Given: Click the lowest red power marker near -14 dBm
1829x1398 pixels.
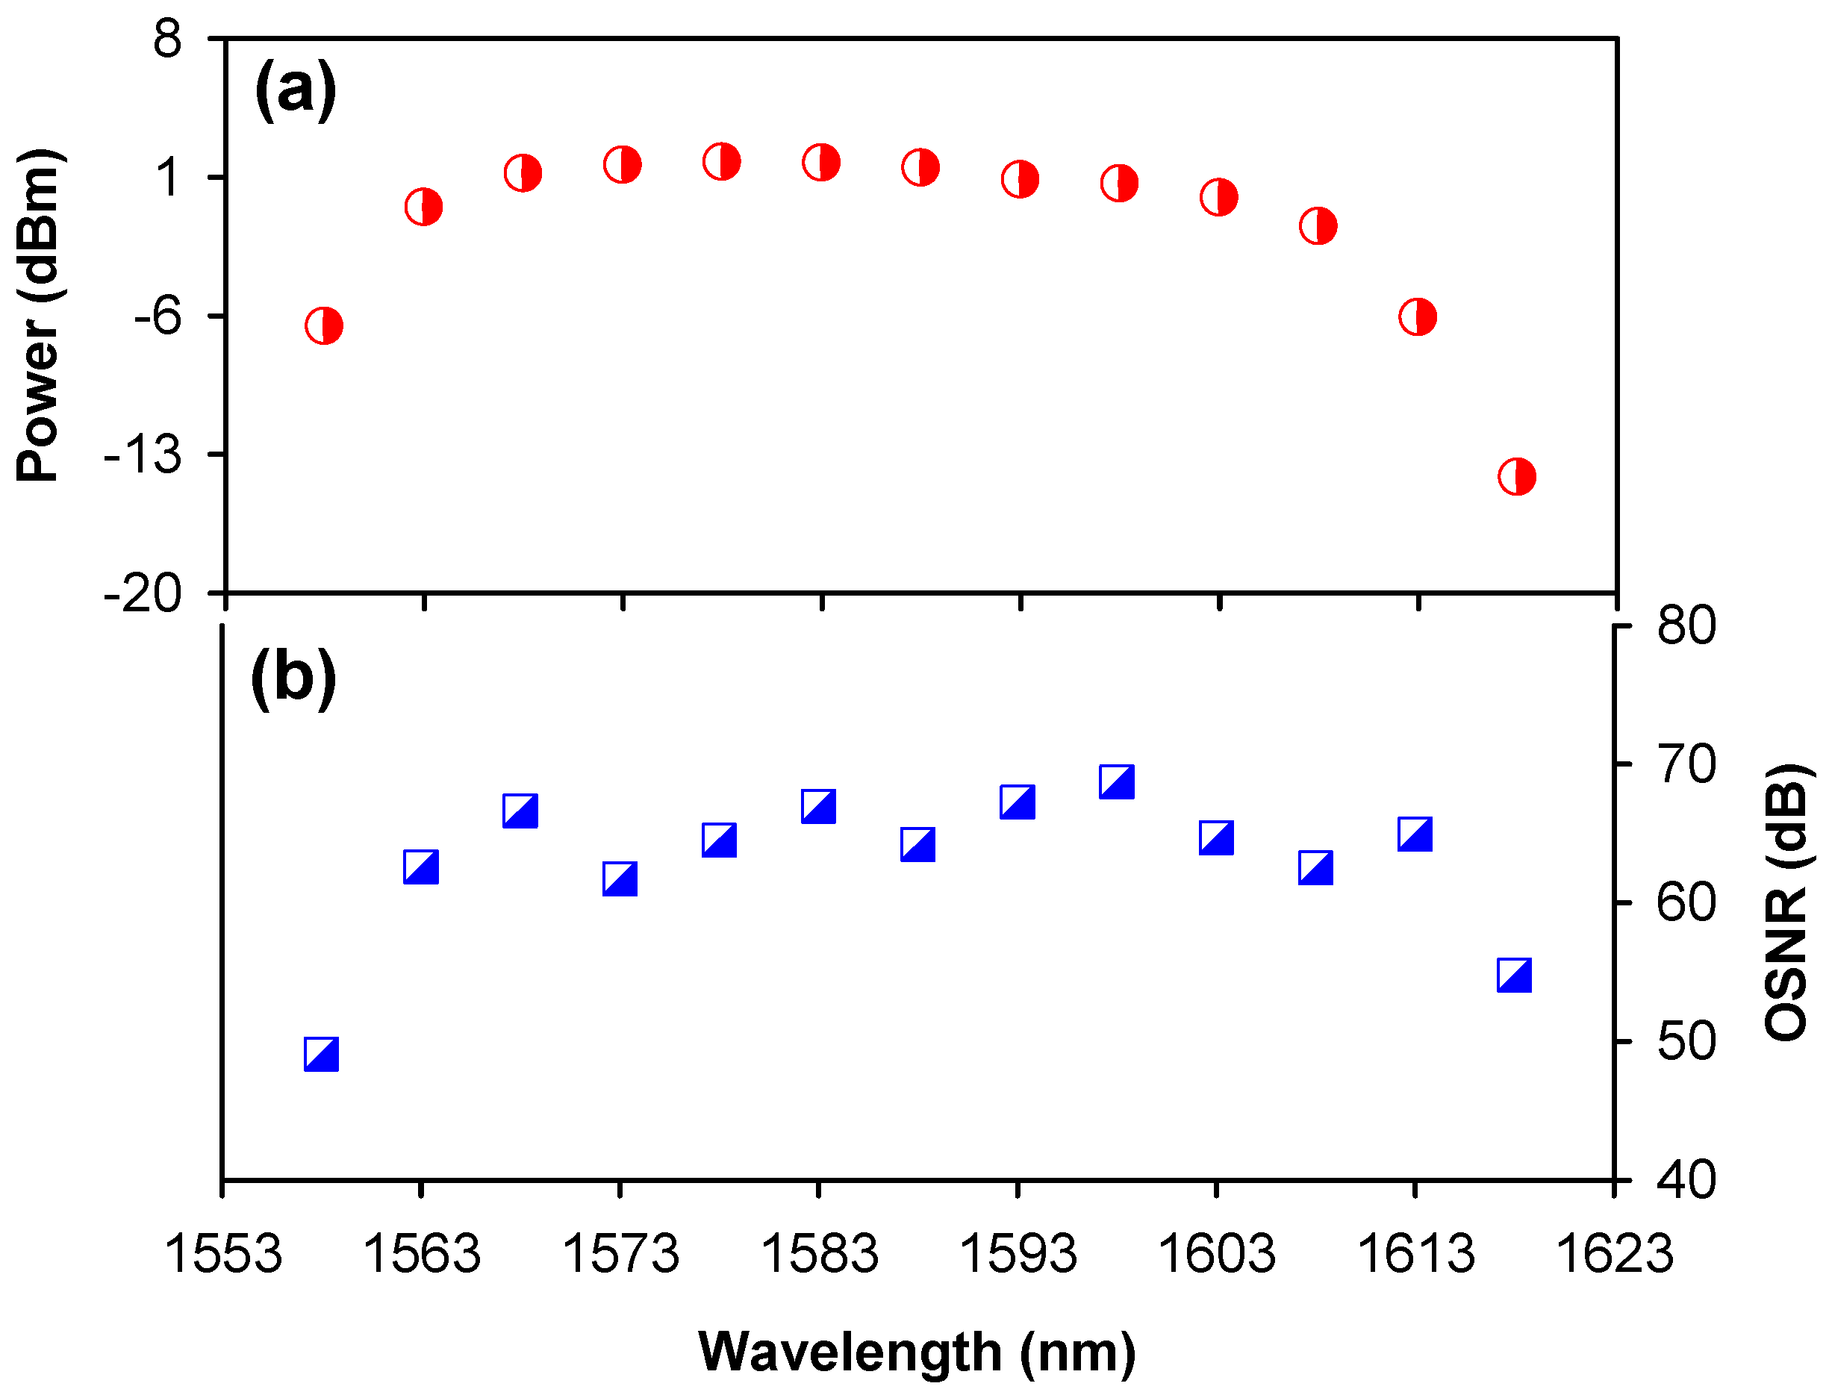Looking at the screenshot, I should (x=1516, y=477).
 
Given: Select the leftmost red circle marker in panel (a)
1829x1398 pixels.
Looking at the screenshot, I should (x=324, y=325).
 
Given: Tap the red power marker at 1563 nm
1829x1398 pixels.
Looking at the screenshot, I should (x=423, y=206).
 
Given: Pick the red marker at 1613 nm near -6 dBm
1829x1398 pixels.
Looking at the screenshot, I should (x=1417, y=316).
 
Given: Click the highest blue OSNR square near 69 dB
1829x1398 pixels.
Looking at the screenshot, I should (x=1117, y=781).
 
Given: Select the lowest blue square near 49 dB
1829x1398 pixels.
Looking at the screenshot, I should (x=321, y=1055).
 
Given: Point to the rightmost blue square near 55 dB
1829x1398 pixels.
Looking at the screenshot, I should (x=1515, y=976).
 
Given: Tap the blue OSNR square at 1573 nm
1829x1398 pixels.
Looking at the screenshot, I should (x=620, y=879).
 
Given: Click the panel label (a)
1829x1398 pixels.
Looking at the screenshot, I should (x=296, y=90).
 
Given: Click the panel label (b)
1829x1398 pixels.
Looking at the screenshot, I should (x=293, y=678).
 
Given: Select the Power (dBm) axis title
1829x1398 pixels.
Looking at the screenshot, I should (x=39, y=316).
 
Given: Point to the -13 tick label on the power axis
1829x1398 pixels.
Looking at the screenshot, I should (x=143, y=455).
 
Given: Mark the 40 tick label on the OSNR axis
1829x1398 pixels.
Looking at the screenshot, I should (x=1686, y=1180).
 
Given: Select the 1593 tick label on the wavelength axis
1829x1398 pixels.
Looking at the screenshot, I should (x=1018, y=1254).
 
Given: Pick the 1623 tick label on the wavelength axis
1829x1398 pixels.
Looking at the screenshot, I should (x=1613, y=1254).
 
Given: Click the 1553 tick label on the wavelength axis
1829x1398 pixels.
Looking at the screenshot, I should (x=223, y=1254).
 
